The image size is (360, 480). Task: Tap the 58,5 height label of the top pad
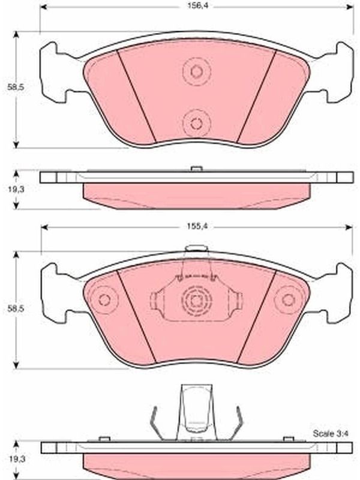16,87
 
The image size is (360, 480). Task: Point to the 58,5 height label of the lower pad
16,308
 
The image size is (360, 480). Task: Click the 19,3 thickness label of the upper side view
16,189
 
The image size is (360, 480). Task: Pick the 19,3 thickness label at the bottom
16,459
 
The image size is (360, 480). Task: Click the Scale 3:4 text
331,433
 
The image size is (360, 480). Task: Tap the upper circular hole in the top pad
197,71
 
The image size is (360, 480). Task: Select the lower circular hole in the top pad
196,124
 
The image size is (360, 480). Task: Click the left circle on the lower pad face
104,300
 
